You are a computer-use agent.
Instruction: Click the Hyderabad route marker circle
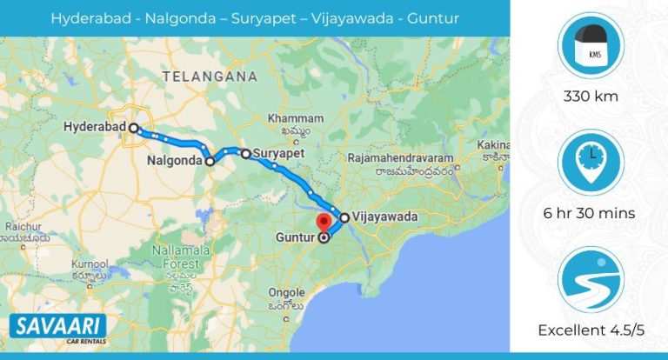[x=133, y=128]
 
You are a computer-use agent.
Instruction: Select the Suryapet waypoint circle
[x=245, y=154]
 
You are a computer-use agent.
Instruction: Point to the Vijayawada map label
[x=384, y=217]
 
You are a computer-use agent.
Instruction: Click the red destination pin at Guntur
[x=325, y=223]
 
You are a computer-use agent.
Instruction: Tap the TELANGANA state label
[x=203, y=77]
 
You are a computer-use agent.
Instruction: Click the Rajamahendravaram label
[x=401, y=160]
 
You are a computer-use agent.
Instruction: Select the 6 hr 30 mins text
[x=591, y=213]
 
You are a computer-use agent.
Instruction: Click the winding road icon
[x=591, y=280]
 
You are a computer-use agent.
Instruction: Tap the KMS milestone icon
[x=591, y=45]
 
